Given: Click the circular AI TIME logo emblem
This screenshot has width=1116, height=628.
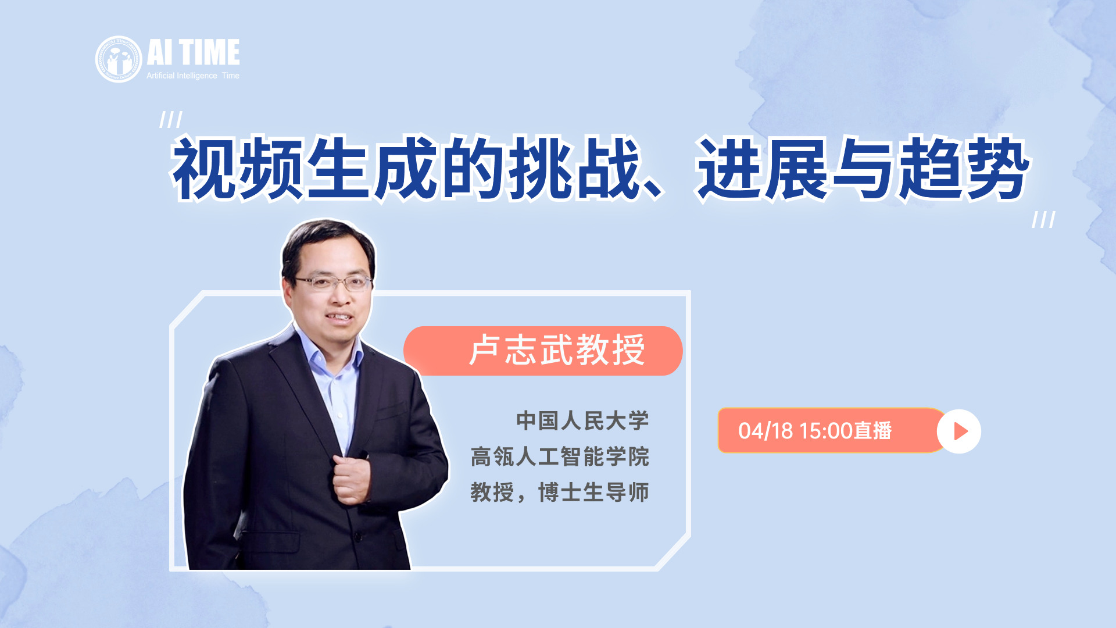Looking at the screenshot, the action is [119, 59].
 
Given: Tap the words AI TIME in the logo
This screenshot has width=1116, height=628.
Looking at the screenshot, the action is [193, 52].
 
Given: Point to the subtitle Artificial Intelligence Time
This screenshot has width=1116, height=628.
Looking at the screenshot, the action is [193, 76].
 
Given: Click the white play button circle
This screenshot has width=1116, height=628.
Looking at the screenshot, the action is [959, 431].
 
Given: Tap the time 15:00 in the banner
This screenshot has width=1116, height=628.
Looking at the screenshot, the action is [826, 431].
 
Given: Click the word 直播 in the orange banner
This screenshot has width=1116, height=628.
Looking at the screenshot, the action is [872, 431].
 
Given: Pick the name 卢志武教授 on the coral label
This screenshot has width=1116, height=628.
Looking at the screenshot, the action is [557, 350].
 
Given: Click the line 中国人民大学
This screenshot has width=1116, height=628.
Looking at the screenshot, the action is [582, 421].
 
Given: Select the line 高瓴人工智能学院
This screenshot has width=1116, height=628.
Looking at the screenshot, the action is [560, 456].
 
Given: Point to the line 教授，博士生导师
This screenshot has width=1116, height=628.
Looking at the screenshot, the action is [560, 493].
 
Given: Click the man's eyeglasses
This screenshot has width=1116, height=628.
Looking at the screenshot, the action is [332, 283].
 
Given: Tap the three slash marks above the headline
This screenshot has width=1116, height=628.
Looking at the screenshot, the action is [171, 120].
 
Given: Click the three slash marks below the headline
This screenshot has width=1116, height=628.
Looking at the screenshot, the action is [1043, 219].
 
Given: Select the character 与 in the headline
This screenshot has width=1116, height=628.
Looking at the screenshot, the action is [864, 168].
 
